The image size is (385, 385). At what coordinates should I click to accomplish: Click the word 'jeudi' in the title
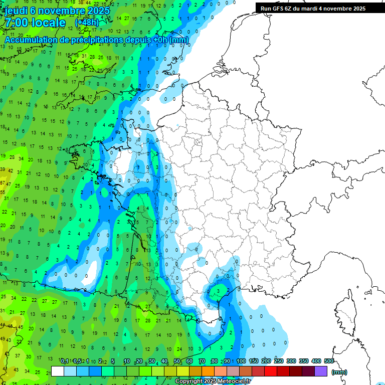[17, 11]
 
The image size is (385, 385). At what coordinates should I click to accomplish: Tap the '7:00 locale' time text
[35, 23]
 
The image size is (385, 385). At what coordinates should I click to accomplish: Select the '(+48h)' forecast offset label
[87, 23]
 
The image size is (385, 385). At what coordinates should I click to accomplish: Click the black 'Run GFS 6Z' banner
[313, 9]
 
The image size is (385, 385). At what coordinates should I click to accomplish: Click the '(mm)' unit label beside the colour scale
[339, 372]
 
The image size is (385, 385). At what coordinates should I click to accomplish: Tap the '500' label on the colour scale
[328, 361]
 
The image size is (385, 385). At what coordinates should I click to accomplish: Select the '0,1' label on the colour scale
[64, 361]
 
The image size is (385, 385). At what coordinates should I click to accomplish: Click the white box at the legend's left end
[58, 371]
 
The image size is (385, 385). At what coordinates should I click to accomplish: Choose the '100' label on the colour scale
[241, 361]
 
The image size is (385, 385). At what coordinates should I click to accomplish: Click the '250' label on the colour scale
[279, 361]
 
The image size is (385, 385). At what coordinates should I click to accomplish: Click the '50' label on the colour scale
[177, 361]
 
